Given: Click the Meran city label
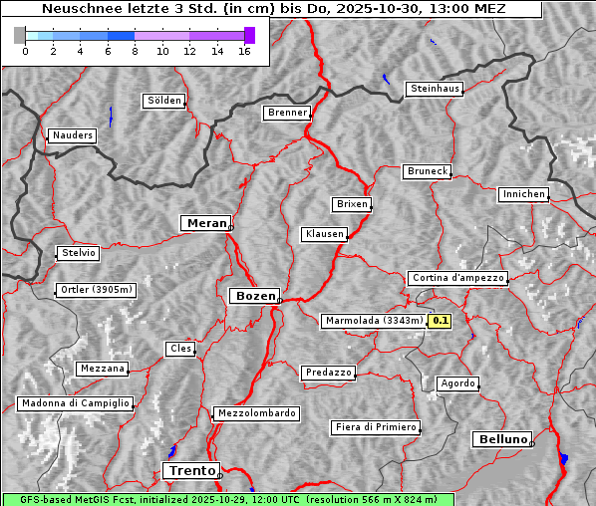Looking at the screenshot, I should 205,223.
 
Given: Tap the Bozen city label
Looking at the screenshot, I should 253,296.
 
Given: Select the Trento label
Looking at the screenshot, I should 190,470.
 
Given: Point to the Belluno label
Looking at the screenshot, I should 501,438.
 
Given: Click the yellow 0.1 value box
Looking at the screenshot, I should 440,321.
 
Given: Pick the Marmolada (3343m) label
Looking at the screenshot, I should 374,321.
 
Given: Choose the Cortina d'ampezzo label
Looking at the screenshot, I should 456,278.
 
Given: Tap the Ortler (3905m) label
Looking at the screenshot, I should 93,291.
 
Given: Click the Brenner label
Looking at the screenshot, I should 287,113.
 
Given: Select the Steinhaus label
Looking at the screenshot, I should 435,89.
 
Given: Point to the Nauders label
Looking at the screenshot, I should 72,135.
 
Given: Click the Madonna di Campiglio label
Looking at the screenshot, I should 75,403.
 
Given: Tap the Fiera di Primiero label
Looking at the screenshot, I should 375,427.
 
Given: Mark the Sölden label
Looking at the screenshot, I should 164,101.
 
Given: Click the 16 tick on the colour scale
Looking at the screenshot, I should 244,51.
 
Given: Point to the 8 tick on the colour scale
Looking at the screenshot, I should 135,51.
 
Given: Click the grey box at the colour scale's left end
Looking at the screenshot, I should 20,35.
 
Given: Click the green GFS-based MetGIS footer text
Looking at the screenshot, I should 227,499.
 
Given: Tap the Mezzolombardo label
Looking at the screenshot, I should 255,413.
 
